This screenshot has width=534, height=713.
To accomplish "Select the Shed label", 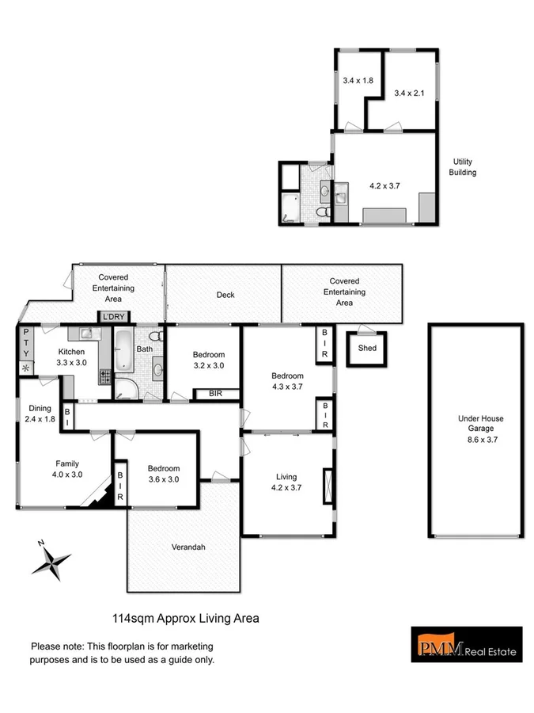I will (366, 348).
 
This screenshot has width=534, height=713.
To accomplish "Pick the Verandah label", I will (188, 547).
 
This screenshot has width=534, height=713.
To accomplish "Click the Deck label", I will (225, 295).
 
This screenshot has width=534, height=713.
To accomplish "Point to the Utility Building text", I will (463, 166).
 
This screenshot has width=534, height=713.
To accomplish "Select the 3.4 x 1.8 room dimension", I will (358, 80).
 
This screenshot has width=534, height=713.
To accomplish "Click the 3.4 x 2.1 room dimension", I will (409, 93).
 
